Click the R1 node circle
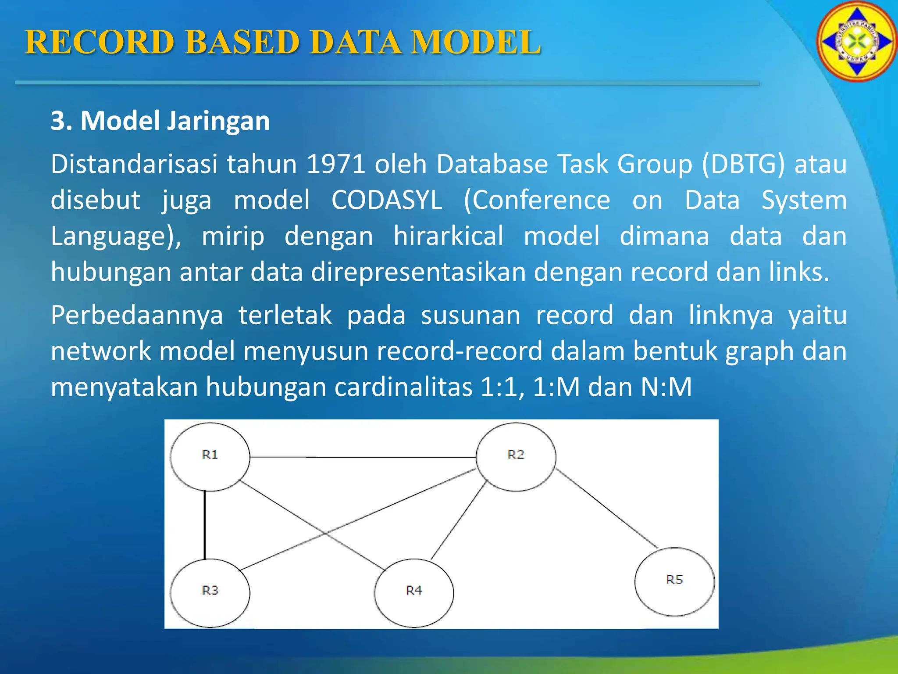pos(210,457)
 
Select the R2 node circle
pos(516,457)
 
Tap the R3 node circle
pos(210,593)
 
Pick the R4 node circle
pos(413,593)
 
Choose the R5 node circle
pos(674,581)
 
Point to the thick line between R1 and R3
pos(204,525)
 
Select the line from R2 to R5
pos(607,509)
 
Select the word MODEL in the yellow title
pos(476,43)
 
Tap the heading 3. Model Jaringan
pos(160,121)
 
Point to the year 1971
pos(336,164)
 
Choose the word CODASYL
pos(386,200)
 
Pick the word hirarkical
pos(448,236)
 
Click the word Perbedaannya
pos(137,315)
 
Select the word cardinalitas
pos(403,387)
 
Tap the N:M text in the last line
pos(666,387)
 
